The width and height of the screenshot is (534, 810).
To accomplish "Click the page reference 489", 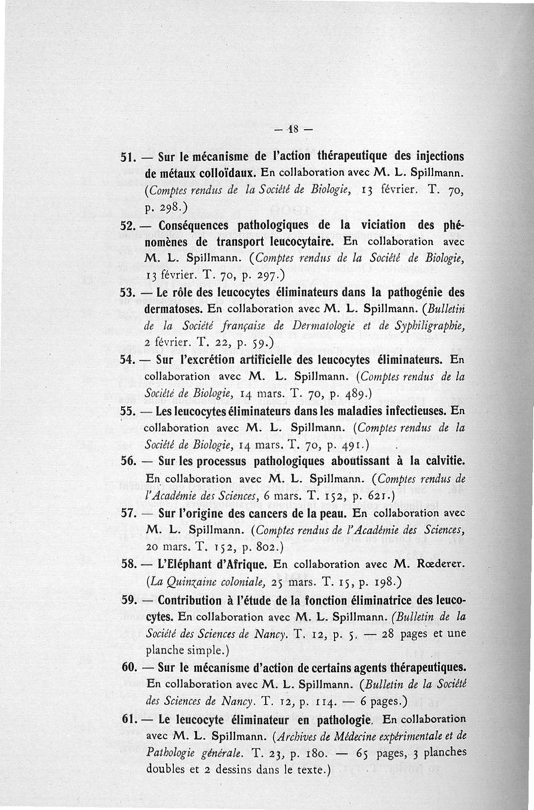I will tap(343, 393).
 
